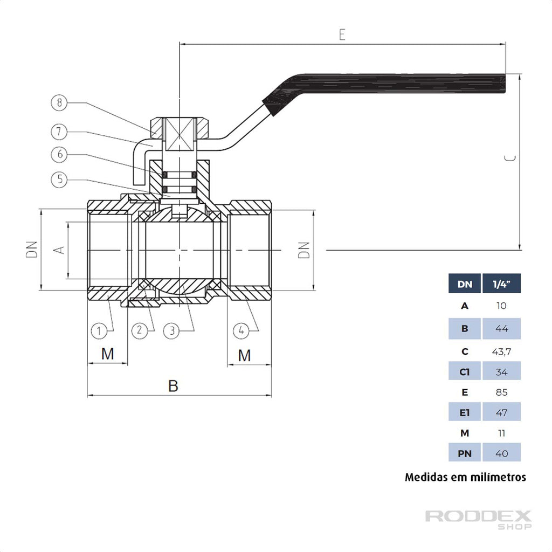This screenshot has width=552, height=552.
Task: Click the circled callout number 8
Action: tap(59, 102)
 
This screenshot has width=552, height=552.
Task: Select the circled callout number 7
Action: tap(59, 130)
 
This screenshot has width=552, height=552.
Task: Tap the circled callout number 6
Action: tap(59, 155)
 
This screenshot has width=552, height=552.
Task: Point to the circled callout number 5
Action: tap(59, 180)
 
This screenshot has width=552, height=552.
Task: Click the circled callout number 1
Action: tap(99, 330)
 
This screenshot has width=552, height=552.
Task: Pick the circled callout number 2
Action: tap(139, 330)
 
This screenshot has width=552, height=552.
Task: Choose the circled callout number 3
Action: tap(171, 330)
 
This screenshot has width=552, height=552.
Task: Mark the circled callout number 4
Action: tap(241, 330)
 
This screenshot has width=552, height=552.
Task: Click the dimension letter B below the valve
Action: tap(173, 386)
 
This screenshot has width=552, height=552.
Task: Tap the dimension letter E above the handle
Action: tap(342, 34)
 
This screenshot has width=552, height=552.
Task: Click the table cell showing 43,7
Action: tap(501, 351)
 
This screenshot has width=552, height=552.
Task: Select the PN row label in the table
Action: tap(465, 453)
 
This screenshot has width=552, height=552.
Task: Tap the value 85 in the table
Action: tap(501, 392)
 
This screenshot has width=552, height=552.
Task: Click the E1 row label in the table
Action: tap(465, 413)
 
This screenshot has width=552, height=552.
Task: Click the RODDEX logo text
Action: tap(478, 516)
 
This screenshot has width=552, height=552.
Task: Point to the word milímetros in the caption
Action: tap(496, 477)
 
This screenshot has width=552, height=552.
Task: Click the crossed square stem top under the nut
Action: tap(178, 135)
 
